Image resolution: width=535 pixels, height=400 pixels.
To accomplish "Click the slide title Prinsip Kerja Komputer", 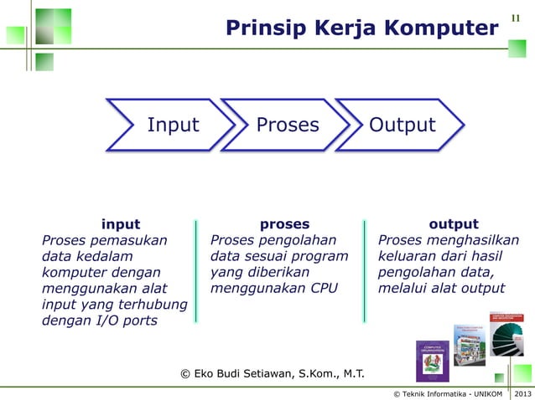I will point(361,29).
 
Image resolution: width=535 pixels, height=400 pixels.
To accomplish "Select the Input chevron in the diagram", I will point(173,126).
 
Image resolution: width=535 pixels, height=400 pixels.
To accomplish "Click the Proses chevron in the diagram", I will point(288,126).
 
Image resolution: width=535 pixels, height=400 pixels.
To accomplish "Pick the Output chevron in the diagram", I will point(403,126).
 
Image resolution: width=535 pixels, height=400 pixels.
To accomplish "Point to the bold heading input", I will point(121,224).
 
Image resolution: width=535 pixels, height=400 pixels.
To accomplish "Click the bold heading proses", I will point(284,224).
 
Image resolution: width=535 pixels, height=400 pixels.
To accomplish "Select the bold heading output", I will point(453,224).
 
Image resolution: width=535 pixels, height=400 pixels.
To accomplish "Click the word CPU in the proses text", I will point(320,289).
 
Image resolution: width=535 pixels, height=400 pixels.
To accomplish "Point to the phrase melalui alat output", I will point(442,289).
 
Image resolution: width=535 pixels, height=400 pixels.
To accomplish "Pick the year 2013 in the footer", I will point(522,393).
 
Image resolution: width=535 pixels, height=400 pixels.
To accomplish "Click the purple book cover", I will point(433,361).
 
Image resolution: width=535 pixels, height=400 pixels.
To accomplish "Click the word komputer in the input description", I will point(75,273).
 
